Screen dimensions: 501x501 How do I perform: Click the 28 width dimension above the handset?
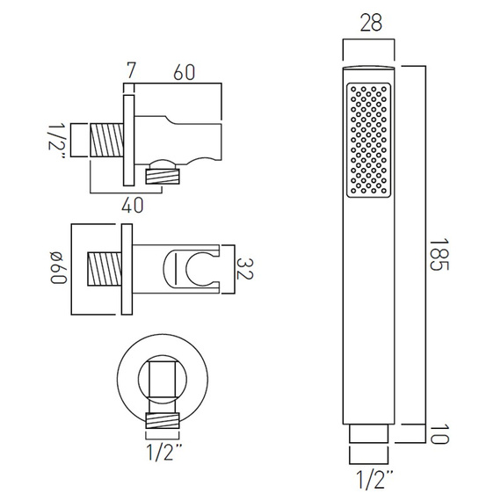click(371, 24)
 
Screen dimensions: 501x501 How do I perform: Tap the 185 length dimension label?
click(439, 254)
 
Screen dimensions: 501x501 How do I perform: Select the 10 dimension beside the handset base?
click(439, 434)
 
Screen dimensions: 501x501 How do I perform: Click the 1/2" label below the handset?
click(374, 479)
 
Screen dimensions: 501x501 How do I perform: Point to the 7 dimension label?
click(131, 70)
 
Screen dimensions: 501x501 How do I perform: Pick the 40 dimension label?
click(132, 205)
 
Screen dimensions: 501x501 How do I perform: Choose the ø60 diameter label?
click(59, 268)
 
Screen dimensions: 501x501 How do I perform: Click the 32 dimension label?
click(244, 269)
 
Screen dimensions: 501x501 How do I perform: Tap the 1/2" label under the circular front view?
click(163, 452)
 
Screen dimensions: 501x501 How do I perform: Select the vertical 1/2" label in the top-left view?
click(57, 141)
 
